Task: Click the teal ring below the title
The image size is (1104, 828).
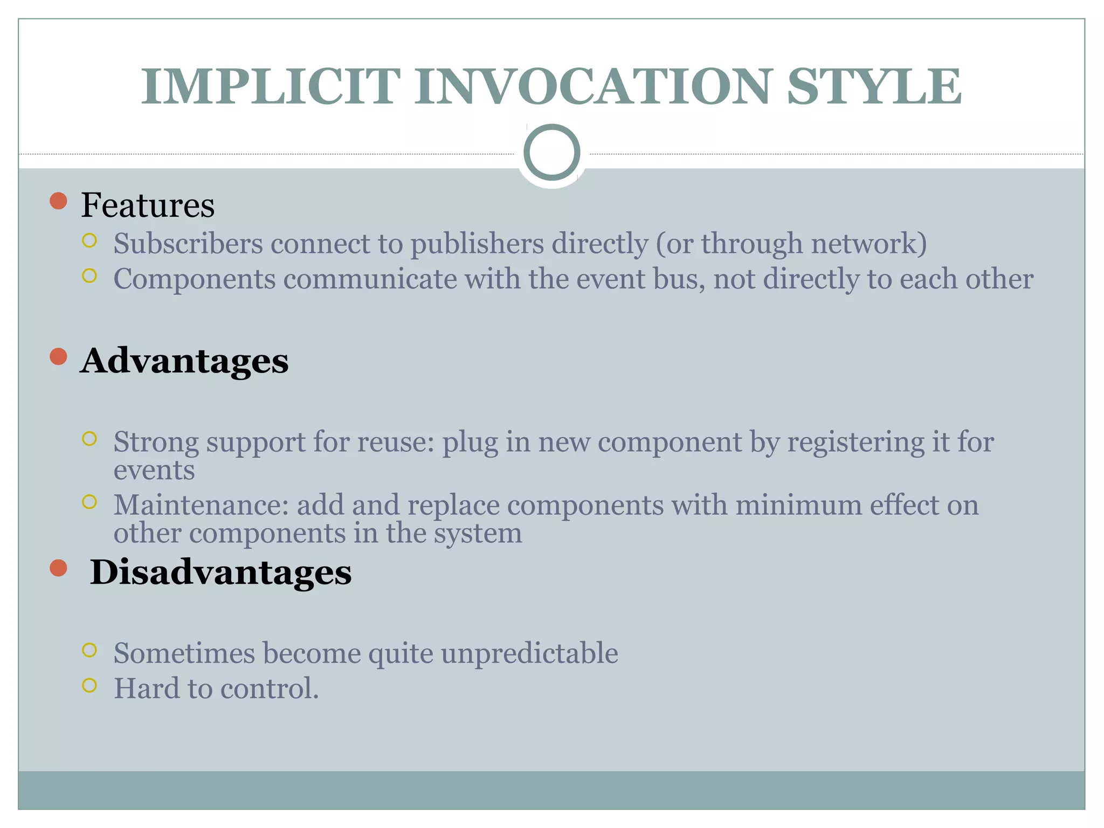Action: pyautogui.click(x=551, y=153)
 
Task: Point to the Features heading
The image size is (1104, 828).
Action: pyautogui.click(x=148, y=205)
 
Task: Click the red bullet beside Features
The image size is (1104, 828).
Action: pyautogui.click(x=58, y=201)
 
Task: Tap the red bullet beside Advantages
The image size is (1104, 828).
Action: pyautogui.click(x=58, y=356)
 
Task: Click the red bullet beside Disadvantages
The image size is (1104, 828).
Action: pyautogui.click(x=58, y=568)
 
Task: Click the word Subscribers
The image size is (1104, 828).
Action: pyautogui.click(x=188, y=243)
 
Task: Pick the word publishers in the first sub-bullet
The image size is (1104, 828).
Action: pyautogui.click(x=477, y=244)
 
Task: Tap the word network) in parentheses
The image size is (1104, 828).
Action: pyautogui.click(x=869, y=244)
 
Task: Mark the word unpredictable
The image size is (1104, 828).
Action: pyautogui.click(x=529, y=653)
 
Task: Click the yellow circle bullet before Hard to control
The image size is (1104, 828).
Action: pyautogui.click(x=89, y=685)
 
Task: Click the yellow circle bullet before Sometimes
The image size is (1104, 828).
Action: pyautogui.click(x=89, y=650)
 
